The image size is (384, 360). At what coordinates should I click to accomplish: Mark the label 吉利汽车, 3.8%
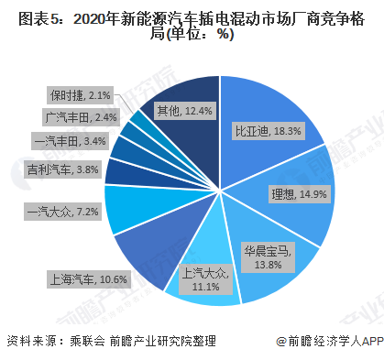coord(63,169)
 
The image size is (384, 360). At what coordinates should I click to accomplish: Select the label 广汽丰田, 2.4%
coord(80,117)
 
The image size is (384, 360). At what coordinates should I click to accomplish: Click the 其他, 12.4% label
coord(184,111)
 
